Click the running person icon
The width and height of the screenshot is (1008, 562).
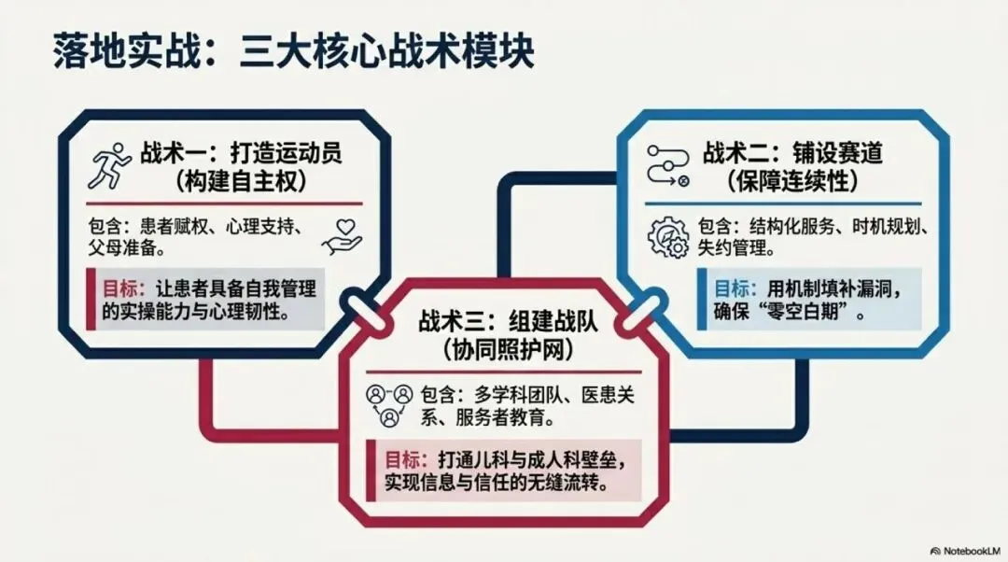[x=110, y=166]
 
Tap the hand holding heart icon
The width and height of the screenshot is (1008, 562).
[x=342, y=236]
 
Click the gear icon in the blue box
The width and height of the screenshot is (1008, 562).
[x=668, y=236]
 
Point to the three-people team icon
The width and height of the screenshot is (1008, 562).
[x=389, y=406]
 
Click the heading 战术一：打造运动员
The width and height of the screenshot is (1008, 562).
[x=241, y=154]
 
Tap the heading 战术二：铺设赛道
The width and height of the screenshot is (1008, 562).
[x=792, y=154]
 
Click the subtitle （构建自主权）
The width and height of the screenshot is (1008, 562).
[x=241, y=182]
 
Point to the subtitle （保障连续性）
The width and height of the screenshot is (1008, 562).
[x=792, y=182]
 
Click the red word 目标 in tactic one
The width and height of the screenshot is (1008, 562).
[x=119, y=288]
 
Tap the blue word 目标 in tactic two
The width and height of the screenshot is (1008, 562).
[x=731, y=288]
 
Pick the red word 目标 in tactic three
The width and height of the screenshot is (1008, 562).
[x=401, y=459]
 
